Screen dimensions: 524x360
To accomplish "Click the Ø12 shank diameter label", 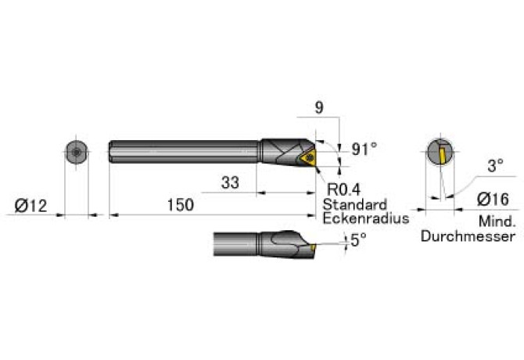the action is [31, 205].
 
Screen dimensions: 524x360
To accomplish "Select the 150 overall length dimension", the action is [181, 204].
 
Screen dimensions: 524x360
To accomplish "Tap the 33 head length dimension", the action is [230, 182].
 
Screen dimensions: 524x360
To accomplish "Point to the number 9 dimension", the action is [319, 108].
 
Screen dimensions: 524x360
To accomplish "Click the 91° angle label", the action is [364, 149].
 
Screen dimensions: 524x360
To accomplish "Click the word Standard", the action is [355, 204].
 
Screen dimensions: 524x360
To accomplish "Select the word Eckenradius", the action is [366, 218].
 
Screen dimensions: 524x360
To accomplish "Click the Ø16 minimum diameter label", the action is [493, 200].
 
